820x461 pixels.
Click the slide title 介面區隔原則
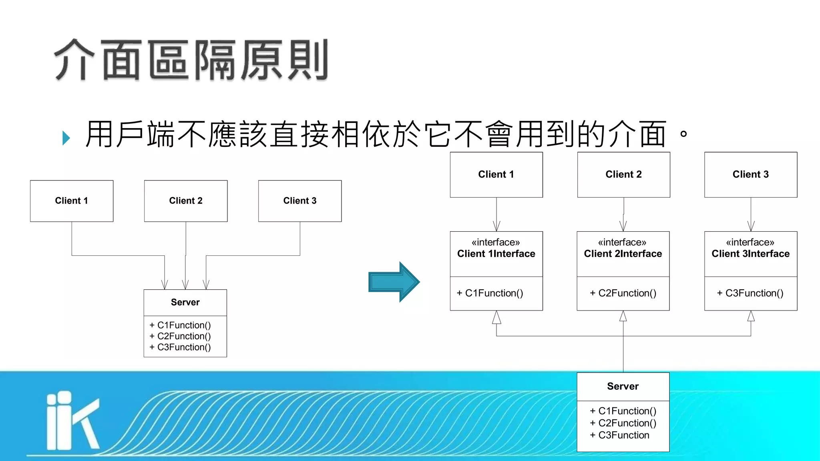(x=191, y=60)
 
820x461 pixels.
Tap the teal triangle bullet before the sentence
(x=66, y=138)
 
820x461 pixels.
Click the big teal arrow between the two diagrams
(x=394, y=282)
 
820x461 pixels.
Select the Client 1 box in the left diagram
(x=72, y=201)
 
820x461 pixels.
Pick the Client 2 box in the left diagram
(x=186, y=201)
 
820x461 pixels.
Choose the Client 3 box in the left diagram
(x=300, y=201)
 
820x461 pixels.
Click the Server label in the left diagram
(x=185, y=303)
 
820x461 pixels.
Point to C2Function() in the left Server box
(x=180, y=336)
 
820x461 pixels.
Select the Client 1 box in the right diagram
(x=496, y=174)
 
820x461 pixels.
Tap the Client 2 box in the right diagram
(x=623, y=174)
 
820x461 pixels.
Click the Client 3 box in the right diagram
(x=751, y=174)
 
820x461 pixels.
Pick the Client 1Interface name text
(x=496, y=254)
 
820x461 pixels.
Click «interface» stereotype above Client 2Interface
(x=622, y=243)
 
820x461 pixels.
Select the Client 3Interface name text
(x=750, y=254)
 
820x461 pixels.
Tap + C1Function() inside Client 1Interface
(x=490, y=293)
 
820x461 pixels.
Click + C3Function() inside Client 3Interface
(x=750, y=293)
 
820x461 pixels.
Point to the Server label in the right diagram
(x=623, y=387)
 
